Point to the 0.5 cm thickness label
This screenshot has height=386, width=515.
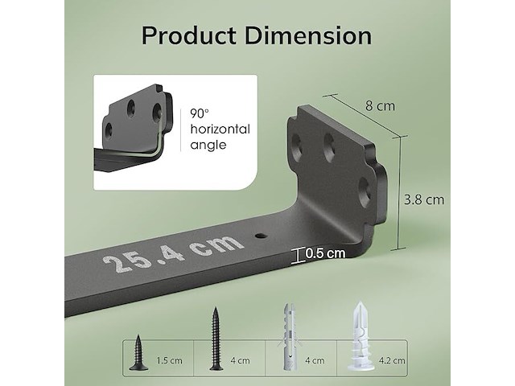[325, 253]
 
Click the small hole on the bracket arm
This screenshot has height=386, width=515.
[261, 236]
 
